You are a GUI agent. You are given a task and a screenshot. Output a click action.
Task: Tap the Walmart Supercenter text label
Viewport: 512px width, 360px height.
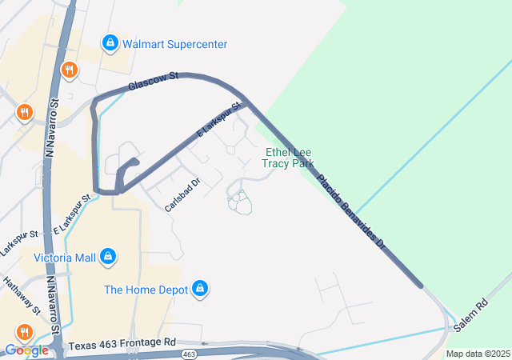(174, 44)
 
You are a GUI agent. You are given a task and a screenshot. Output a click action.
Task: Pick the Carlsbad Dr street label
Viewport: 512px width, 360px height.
(182, 194)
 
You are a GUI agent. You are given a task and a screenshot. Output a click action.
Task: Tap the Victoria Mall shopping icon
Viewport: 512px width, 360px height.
(108, 258)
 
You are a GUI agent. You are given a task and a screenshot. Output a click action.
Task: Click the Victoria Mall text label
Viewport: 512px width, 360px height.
(64, 258)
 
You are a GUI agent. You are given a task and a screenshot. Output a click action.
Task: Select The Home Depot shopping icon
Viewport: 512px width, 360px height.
(200, 289)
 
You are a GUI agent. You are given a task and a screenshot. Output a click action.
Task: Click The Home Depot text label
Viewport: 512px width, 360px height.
(146, 289)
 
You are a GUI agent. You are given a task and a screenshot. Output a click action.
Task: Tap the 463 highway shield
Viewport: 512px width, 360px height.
(189, 354)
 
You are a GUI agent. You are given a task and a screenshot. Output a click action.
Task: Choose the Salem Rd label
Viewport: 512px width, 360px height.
(470, 316)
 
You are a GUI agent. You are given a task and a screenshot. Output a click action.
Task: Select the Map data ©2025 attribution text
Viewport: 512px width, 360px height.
(478, 354)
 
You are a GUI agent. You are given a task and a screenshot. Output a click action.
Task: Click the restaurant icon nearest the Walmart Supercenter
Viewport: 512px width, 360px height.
(70, 70)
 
